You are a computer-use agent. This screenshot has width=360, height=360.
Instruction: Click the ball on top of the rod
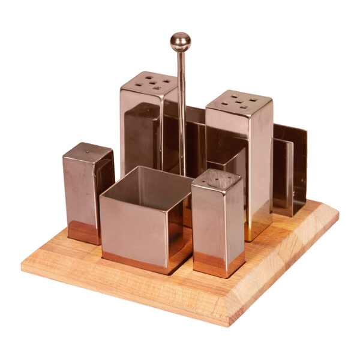tap(180, 41)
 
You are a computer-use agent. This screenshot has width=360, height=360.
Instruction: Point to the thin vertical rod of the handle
tap(181, 108)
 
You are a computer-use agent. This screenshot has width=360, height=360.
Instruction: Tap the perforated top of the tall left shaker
tap(149, 82)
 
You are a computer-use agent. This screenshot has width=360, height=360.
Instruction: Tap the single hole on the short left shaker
tap(89, 152)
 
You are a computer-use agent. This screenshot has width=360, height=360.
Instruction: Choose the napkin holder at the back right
tap(289, 168)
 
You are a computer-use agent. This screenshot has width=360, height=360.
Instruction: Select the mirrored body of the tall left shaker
tap(139, 132)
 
